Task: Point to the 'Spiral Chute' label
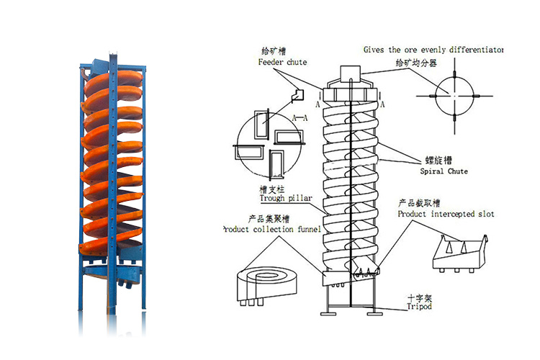(x=444, y=171)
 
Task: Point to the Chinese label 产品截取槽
(x=420, y=204)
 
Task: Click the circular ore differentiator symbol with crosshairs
(x=456, y=96)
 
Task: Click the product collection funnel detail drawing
(x=266, y=281)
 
